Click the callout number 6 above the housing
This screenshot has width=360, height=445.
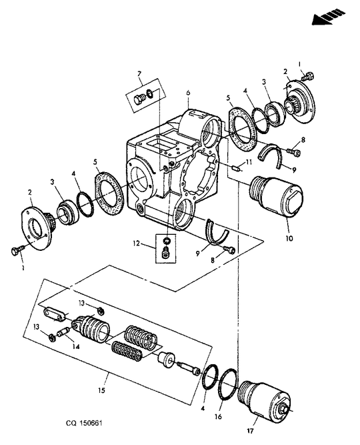[188, 93]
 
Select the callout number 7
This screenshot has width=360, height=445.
[139, 73]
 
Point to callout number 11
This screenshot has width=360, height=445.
[247, 162]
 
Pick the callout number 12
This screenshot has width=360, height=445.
[137, 244]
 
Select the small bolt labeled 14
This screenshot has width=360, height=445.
[62, 331]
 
